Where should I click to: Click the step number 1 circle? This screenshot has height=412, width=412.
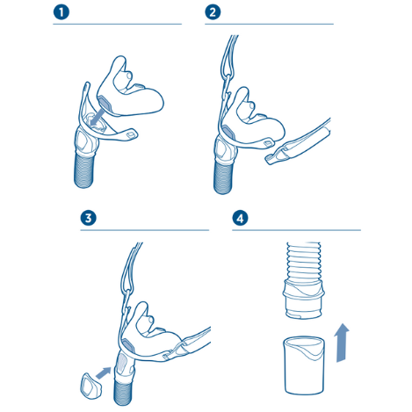(61, 12)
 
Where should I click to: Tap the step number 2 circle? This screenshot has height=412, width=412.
(213, 12)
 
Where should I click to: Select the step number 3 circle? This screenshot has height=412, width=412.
(89, 218)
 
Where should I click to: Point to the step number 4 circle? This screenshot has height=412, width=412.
(240, 218)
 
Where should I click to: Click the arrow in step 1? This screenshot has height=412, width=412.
(96, 117)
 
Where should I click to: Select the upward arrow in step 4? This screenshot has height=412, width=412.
(342, 343)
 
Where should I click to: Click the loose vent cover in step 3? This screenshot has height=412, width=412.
(90, 386)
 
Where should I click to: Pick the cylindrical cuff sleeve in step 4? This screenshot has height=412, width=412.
(304, 365)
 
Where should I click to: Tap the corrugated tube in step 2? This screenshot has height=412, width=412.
(224, 177)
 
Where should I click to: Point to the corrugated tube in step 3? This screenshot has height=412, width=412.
(123, 391)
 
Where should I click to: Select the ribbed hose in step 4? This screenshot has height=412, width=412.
(304, 261)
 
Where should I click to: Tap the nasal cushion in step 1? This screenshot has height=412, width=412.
(129, 88)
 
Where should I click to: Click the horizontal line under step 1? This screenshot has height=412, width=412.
(117, 24)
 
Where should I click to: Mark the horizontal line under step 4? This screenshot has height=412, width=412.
(296, 230)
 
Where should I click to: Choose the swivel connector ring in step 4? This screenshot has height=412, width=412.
(304, 299)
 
